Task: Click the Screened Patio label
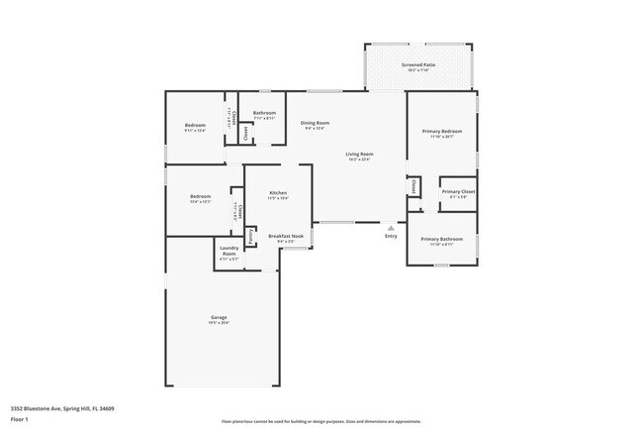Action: [419, 64]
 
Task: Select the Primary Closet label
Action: [458, 190]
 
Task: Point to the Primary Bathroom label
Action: [441, 239]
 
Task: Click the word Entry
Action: [391, 236]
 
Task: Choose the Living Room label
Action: [359, 155]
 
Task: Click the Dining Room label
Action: [315, 123]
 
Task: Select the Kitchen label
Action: [278, 192]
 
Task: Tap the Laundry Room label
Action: [229, 252]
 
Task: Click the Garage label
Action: [218, 318]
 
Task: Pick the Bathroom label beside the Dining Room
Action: [263, 113]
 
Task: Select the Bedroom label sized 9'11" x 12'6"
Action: [195, 125]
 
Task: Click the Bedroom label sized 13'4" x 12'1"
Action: [200, 196]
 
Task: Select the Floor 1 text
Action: [20, 419]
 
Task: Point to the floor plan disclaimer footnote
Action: [320, 420]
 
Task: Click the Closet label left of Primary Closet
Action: [411, 186]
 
